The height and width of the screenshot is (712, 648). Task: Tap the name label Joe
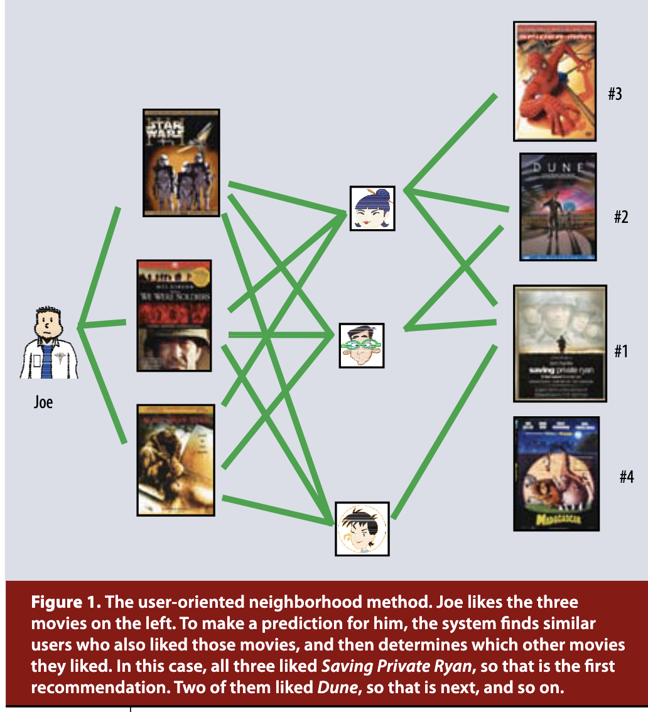click(43, 401)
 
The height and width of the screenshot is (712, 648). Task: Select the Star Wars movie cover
click(181, 163)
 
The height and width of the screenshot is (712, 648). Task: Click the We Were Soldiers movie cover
click(174, 315)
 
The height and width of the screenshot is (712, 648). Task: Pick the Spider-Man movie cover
click(554, 81)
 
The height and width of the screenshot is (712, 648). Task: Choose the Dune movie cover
click(558, 207)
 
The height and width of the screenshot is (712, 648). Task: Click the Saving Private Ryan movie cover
click(559, 343)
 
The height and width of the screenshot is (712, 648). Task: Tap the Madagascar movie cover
click(556, 473)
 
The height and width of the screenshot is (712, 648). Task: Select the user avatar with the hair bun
click(372, 208)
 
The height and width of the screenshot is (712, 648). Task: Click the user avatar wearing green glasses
click(361, 345)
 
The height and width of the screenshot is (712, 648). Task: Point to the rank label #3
click(614, 95)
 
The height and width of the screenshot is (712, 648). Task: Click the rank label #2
click(620, 218)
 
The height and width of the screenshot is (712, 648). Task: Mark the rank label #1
click(620, 351)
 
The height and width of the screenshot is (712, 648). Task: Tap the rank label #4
click(626, 477)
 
